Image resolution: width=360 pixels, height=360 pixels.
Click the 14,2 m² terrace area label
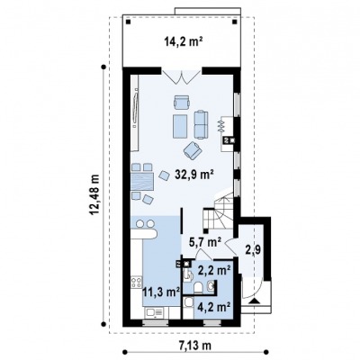tap(183, 41)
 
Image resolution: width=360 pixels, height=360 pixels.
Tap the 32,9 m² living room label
tap(194, 174)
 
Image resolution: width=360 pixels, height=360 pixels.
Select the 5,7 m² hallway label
tap(205, 242)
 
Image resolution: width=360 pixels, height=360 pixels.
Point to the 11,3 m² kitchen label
tap(161, 292)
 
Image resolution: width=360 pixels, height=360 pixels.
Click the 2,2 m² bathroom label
tap(214, 270)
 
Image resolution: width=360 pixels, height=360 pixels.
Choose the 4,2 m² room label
tap(214, 307)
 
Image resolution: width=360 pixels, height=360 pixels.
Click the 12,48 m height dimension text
tap(95, 194)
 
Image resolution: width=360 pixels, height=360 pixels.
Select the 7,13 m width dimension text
tap(196, 346)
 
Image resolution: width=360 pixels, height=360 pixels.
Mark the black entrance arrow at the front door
tap(255, 301)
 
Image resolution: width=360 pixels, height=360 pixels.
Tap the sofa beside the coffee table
tap(201, 125)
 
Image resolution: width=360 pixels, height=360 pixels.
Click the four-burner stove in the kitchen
tap(136, 283)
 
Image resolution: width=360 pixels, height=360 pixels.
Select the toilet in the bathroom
tap(198, 287)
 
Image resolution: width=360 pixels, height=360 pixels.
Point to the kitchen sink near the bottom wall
tap(154, 313)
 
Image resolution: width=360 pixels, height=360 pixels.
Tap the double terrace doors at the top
tap(182, 76)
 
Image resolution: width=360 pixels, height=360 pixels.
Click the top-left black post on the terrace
tap(128, 22)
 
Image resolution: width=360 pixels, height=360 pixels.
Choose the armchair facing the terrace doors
tap(182, 102)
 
